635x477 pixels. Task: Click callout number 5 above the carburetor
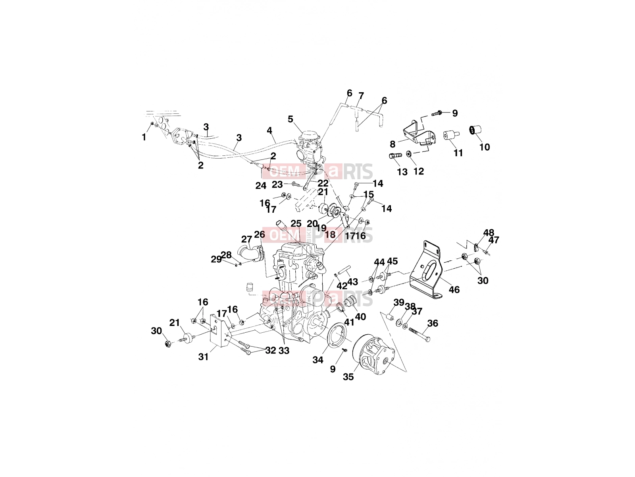click(291, 119)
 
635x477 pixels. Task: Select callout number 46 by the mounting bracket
click(454, 289)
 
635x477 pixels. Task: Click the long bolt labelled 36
click(419, 334)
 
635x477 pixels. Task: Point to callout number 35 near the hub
click(348, 377)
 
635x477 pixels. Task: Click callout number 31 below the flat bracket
click(203, 357)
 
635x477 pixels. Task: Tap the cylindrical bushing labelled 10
click(475, 130)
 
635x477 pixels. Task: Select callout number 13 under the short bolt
click(402, 172)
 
